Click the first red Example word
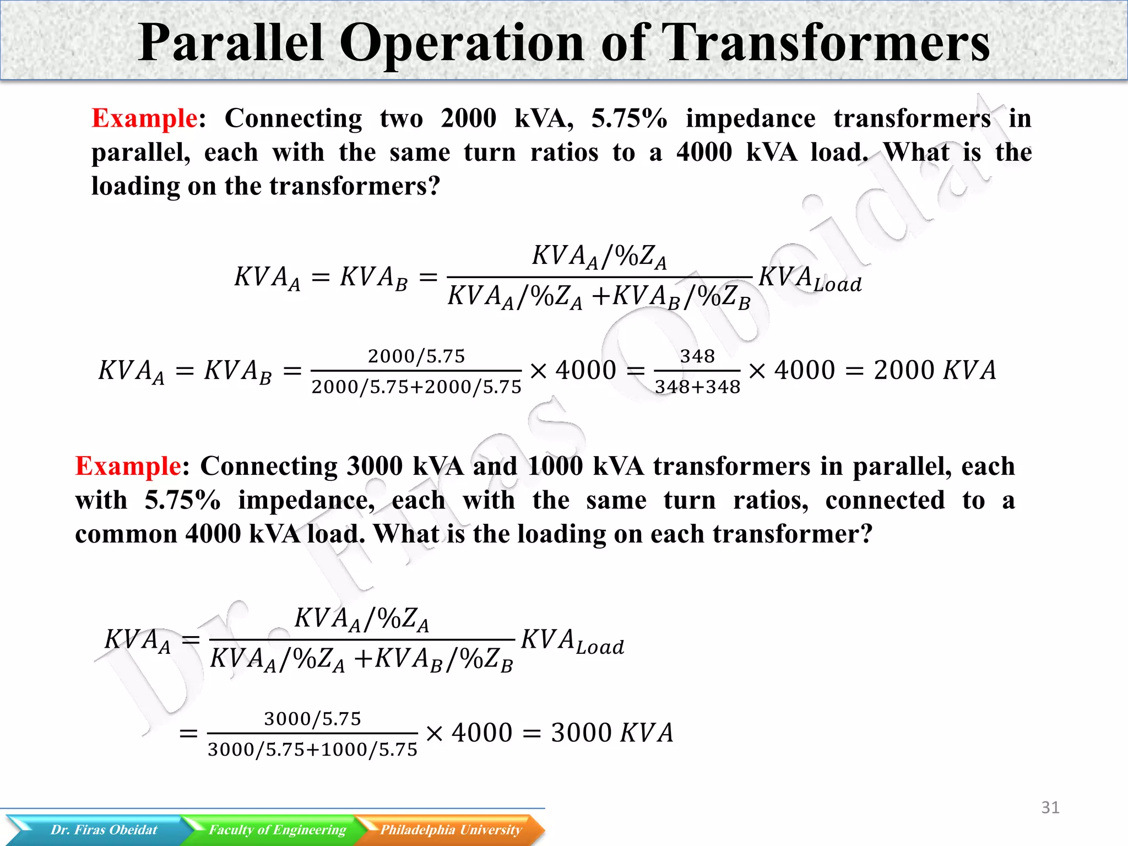(144, 118)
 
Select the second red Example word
(128, 467)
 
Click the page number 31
(1050, 807)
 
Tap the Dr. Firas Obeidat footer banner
(104, 830)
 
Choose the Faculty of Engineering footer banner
(277, 830)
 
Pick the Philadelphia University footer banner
(451, 830)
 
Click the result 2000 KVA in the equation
(935, 370)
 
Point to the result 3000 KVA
(612, 733)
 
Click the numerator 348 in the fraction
(697, 356)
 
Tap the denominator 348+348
(697, 387)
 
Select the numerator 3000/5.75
(312, 719)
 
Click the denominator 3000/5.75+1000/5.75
(312, 750)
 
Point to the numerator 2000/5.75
(416, 356)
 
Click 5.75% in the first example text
(629, 118)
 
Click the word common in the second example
(126, 534)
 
